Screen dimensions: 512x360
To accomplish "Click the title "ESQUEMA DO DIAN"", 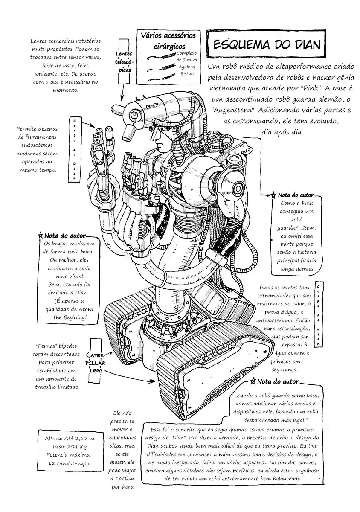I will [x=265, y=45].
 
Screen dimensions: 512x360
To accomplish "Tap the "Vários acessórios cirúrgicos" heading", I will [x=168, y=40].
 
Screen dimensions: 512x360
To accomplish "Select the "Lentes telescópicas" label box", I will [x=124, y=61].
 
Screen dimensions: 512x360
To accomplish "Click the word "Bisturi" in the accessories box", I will [x=187, y=73].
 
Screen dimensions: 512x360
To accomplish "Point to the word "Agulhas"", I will [x=186, y=67].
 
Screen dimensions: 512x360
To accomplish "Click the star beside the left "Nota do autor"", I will [x=41, y=235].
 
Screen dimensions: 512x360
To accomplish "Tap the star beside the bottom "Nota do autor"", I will [x=253, y=381].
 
